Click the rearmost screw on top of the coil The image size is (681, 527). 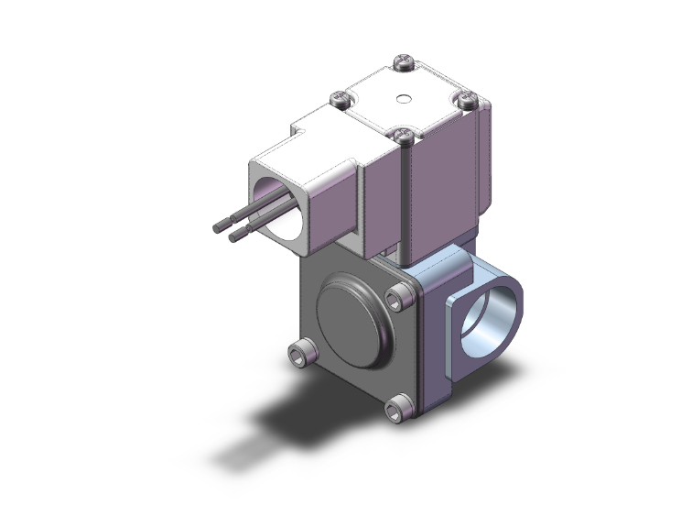tap(405, 62)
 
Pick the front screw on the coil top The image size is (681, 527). tap(404, 135)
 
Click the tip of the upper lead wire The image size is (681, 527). tap(217, 225)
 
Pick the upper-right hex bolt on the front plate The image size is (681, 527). tap(398, 295)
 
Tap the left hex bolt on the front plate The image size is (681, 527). tap(298, 352)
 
